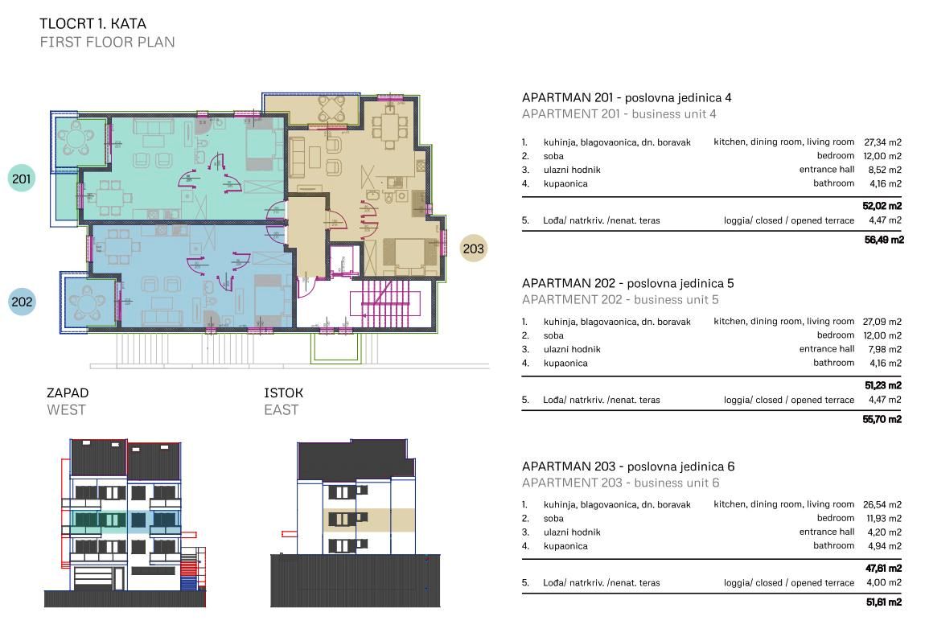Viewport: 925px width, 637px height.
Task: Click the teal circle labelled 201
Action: coord(21,179)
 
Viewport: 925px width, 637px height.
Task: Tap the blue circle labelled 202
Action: coord(22,302)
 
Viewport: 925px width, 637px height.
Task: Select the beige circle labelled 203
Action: coord(473,249)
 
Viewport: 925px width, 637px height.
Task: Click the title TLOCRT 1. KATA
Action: coord(92,23)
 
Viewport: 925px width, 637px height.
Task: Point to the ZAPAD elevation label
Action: coord(68,392)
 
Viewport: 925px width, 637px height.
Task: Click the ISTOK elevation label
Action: coord(283,392)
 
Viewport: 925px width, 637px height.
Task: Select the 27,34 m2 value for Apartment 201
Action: coord(882,142)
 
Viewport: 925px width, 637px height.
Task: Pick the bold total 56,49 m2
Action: coord(884,240)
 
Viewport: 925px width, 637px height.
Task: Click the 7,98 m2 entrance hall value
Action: coord(884,349)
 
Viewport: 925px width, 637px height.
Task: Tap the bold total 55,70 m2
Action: coord(882,419)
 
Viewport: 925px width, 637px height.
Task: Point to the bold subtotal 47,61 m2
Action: coord(883,569)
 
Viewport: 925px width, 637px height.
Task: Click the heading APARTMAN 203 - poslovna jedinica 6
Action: coord(628,466)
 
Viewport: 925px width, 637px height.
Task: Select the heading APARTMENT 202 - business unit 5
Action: coord(621,300)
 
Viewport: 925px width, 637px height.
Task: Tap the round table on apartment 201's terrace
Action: coord(76,140)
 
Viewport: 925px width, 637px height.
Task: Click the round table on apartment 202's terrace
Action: coord(88,303)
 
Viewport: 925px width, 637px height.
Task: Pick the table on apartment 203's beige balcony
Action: coord(332,109)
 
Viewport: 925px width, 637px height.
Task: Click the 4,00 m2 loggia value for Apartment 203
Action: coord(884,583)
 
